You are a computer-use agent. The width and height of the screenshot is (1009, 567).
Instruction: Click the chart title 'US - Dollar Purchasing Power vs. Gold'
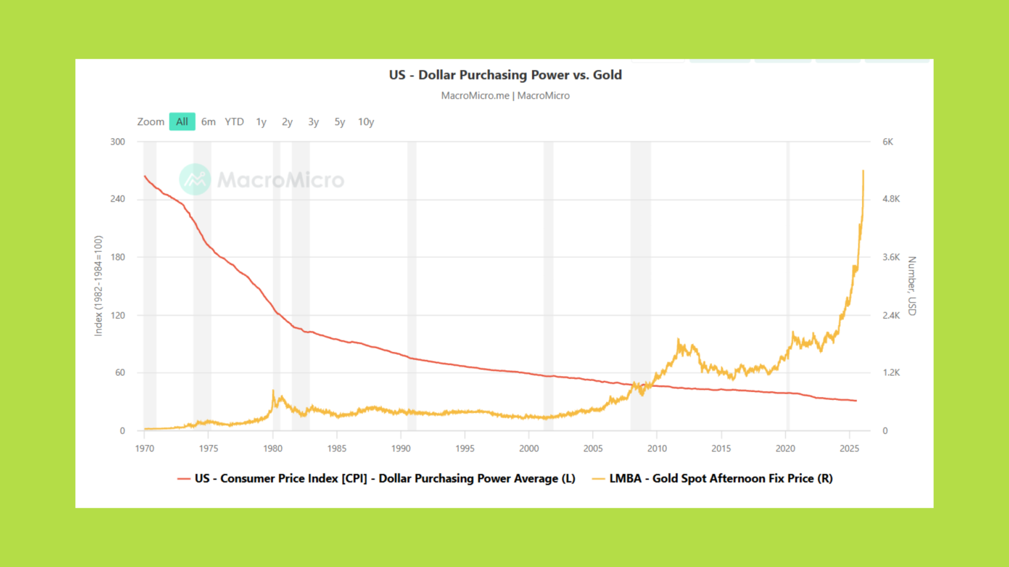point(505,75)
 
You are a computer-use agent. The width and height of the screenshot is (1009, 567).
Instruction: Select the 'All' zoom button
point(182,122)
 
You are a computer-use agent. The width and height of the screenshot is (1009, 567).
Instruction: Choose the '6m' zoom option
point(208,122)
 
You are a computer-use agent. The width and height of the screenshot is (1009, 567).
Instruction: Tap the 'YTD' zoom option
point(234,122)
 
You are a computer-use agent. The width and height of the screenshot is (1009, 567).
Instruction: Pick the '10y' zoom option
point(366,122)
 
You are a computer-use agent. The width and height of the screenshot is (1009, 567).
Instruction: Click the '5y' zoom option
point(339,122)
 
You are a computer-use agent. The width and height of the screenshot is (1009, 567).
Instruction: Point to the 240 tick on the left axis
point(118,199)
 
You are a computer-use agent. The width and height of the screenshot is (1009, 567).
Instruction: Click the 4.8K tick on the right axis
point(891,199)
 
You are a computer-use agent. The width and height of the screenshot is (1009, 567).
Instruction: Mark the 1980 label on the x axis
point(273,448)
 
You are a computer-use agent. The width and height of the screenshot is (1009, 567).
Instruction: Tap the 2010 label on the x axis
point(657,448)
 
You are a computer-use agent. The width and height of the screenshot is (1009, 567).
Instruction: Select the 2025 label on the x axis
point(849,448)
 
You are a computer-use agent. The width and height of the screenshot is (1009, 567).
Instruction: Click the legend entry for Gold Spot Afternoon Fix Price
point(720,478)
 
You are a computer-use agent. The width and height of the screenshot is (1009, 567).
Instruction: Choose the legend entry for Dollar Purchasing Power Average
point(384,478)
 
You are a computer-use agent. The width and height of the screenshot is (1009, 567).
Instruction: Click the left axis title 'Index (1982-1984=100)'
point(98,286)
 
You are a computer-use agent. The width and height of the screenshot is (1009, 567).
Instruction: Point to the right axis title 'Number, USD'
point(912,286)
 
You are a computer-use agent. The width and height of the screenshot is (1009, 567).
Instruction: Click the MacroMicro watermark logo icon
point(195,180)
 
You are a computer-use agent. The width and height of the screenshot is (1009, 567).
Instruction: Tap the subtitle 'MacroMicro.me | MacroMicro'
point(505,96)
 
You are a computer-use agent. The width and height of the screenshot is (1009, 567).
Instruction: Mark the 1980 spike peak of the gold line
point(273,391)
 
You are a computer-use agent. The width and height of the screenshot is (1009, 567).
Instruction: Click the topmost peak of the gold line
point(863,171)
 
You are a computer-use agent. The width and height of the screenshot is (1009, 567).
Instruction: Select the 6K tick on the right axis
point(888,142)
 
